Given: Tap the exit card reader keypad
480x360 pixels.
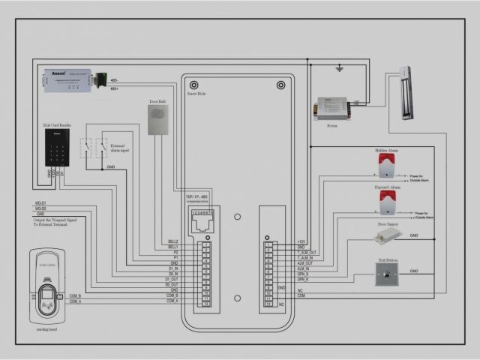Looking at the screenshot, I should pos(57,148).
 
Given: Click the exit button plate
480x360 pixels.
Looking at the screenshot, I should pos(386,277).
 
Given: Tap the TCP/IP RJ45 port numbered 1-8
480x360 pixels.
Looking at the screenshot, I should pos(203,218).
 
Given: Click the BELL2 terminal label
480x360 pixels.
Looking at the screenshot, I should pos(172,241).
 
